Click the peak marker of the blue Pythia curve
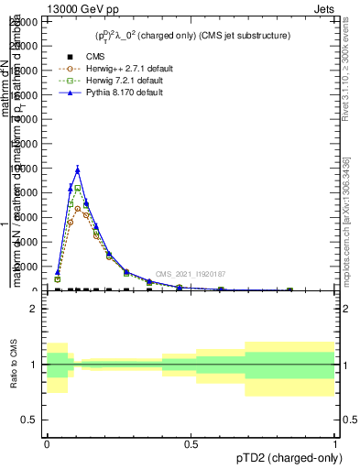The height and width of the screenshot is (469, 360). coord(78,169)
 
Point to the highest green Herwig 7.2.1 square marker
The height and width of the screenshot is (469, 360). coord(78,189)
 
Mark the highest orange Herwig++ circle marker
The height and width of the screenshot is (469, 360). coord(78,209)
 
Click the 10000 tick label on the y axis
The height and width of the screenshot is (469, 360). coord(26,169)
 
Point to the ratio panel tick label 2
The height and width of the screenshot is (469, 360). coord(35,309)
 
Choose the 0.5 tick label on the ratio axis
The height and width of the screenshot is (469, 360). coord(29,420)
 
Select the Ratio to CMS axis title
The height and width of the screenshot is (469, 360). coord(14,365)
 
